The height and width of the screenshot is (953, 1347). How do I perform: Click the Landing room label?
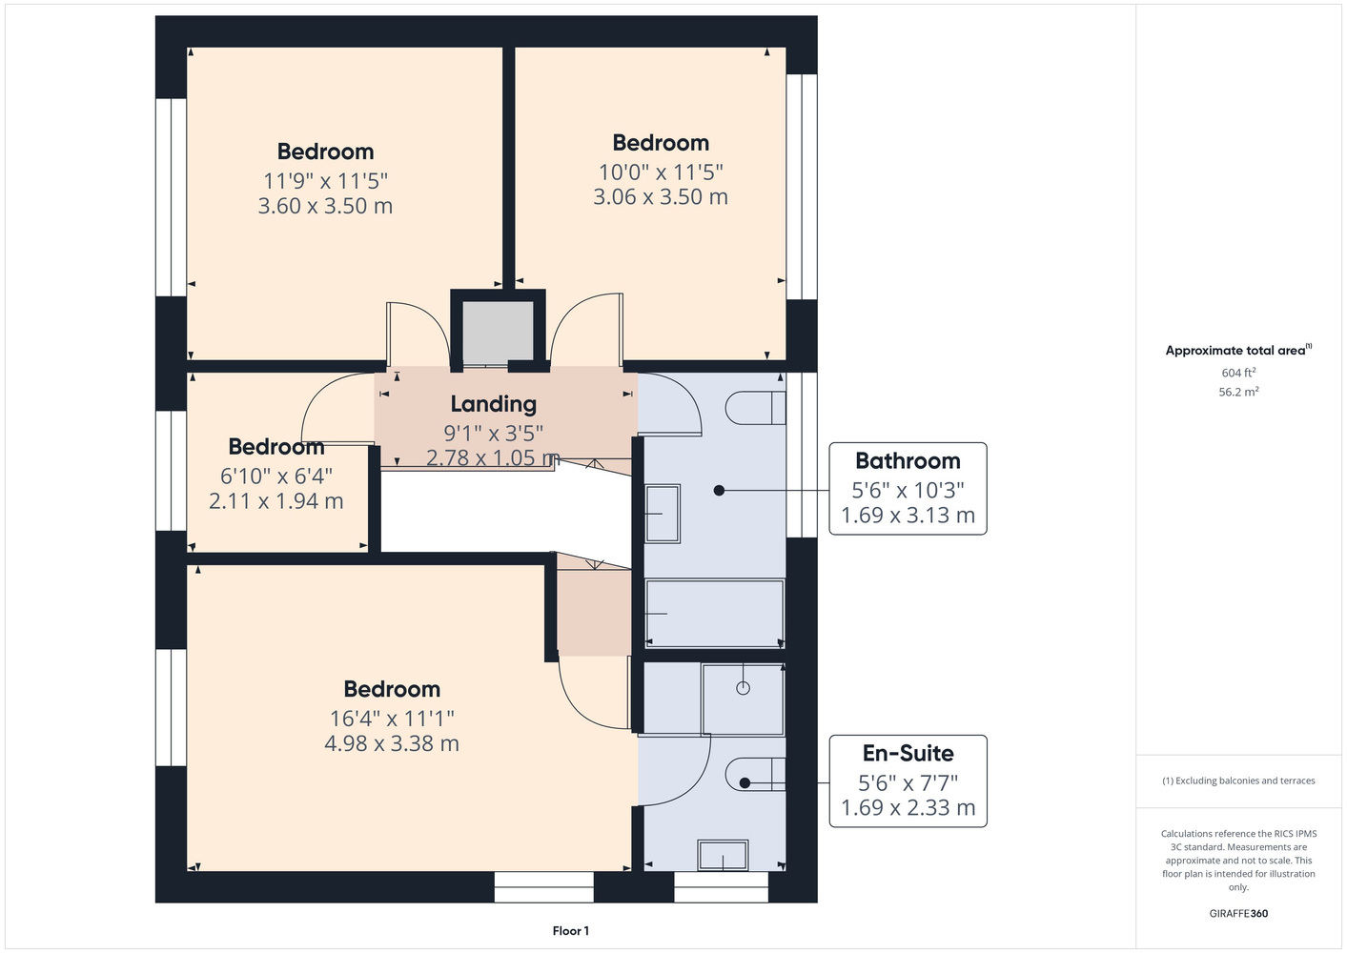point(493,404)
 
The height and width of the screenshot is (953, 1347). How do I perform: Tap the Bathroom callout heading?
point(908,460)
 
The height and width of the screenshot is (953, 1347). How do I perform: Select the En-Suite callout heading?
point(908,753)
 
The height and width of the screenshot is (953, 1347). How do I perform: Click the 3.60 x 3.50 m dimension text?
point(325,206)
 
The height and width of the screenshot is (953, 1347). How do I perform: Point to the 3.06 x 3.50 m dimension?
point(661,196)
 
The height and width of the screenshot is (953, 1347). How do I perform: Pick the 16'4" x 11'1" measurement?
point(392,718)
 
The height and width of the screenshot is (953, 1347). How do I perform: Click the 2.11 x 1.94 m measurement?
point(276,501)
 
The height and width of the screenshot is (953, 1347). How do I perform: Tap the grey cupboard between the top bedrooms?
point(498,333)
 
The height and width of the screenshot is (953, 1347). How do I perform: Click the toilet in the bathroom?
point(755,408)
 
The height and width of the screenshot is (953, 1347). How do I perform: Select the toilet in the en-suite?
point(755,775)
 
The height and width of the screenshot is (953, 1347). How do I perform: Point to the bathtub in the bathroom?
point(714,614)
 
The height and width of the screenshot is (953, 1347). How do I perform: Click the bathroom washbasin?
point(663,514)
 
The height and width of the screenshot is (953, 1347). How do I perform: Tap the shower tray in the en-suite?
point(743,700)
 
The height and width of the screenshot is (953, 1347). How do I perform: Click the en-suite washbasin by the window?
point(723,855)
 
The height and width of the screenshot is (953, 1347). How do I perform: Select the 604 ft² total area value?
point(1238,373)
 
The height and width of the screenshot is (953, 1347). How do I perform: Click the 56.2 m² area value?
point(1238,392)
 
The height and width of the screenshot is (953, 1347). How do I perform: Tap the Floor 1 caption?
point(571,931)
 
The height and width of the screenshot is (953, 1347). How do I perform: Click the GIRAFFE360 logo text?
point(1238,913)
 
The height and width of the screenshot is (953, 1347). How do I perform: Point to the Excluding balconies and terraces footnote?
point(1238,781)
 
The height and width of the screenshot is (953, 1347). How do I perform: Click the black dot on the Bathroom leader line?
point(719,491)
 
